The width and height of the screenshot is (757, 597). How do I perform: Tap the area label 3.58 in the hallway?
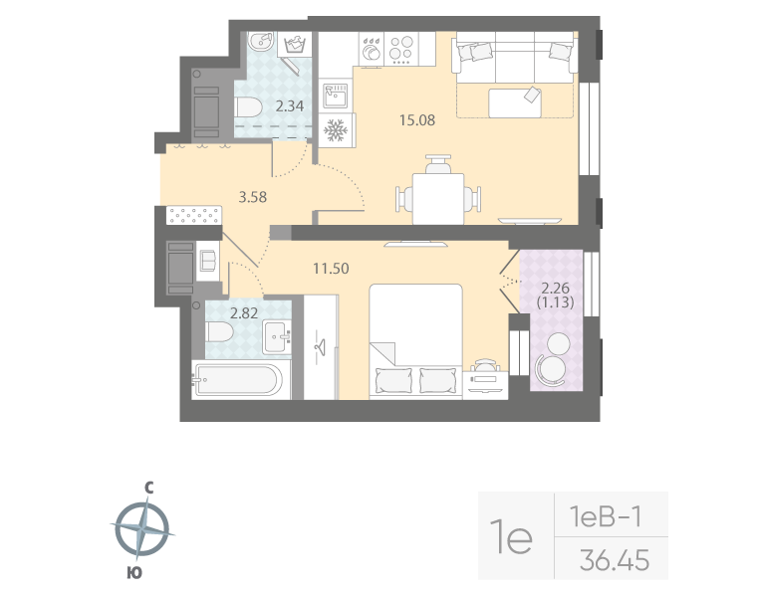point(252,196)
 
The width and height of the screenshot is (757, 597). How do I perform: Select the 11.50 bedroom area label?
point(330,268)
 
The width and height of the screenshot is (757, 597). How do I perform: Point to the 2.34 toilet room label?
point(290,106)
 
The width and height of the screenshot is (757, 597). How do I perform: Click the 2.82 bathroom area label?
point(244,312)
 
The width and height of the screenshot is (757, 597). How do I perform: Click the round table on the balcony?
point(555,345)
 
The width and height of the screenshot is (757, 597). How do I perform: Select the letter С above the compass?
point(147,488)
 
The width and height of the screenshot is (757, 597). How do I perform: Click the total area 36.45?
point(614,561)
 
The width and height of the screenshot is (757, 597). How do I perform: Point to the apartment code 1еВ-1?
point(605,515)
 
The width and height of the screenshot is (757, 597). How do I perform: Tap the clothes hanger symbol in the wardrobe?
point(322,347)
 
